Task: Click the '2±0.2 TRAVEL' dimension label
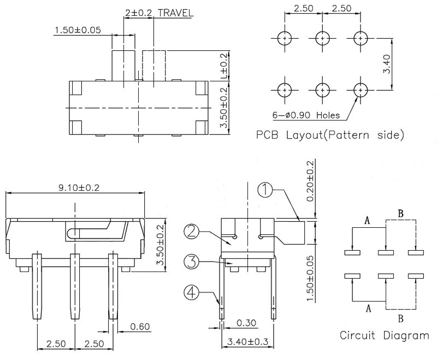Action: [158, 13]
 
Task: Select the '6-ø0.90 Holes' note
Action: [306, 115]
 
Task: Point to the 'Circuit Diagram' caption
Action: [384, 335]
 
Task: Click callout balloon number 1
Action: [265, 190]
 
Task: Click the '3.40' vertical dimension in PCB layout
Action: [387, 64]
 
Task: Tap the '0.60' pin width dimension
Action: [140, 327]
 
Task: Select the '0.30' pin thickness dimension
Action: [246, 323]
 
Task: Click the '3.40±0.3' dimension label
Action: [247, 343]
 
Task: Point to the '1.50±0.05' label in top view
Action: [77, 30]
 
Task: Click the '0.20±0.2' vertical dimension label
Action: [310, 181]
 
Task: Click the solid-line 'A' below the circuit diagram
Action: [368, 309]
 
